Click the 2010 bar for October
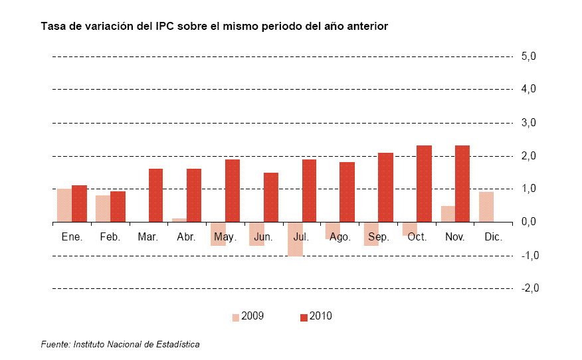click(424, 184)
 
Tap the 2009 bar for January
click(64, 205)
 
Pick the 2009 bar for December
click(486, 207)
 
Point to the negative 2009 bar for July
click(295, 239)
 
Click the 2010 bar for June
click(270, 197)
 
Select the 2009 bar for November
click(448, 214)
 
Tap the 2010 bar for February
click(118, 207)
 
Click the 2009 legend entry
click(248, 316)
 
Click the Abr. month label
click(186, 236)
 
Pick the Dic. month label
click(493, 236)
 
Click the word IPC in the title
click(165, 27)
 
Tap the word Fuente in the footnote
click(55, 344)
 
